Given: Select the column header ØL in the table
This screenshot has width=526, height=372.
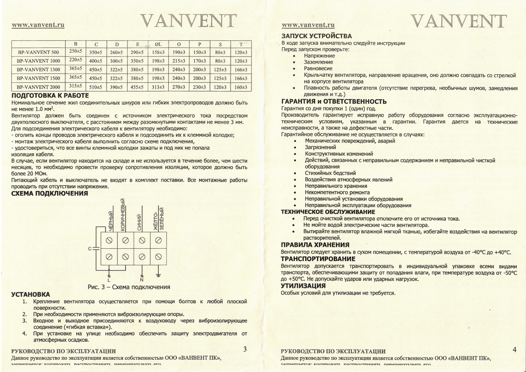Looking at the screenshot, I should [158, 44].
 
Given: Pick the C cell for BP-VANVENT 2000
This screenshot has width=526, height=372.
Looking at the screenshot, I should [96, 87].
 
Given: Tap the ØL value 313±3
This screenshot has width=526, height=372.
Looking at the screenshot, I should [158, 87].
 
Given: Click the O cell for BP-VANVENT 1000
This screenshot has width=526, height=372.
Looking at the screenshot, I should [179, 61].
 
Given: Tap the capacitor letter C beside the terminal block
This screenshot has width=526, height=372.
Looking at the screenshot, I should [90, 249].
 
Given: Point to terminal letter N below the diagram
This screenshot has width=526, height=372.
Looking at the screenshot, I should [142, 279].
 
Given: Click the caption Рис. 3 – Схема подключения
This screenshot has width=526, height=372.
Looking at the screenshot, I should [129, 287].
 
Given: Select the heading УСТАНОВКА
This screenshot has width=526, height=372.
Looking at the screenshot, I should [30, 294].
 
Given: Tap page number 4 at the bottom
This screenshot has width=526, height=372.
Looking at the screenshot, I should [514, 350].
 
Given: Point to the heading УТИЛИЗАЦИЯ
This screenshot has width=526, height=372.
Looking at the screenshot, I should [303, 286].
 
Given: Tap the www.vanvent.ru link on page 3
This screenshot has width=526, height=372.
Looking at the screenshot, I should [38, 25].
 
